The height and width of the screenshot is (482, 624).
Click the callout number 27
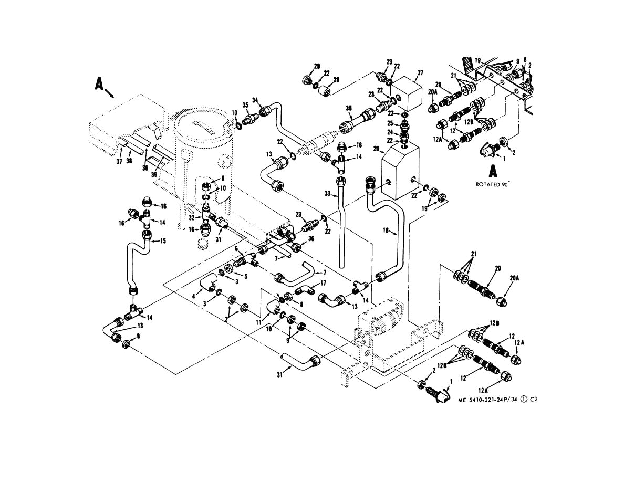420,72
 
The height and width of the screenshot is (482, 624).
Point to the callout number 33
327,194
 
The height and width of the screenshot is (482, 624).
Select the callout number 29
317,66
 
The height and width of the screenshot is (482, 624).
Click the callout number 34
256,100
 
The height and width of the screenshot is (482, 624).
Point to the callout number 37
119,162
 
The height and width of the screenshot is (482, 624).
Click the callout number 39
154,174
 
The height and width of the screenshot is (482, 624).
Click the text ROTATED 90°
493,184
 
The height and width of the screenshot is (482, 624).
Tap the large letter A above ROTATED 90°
493,171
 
